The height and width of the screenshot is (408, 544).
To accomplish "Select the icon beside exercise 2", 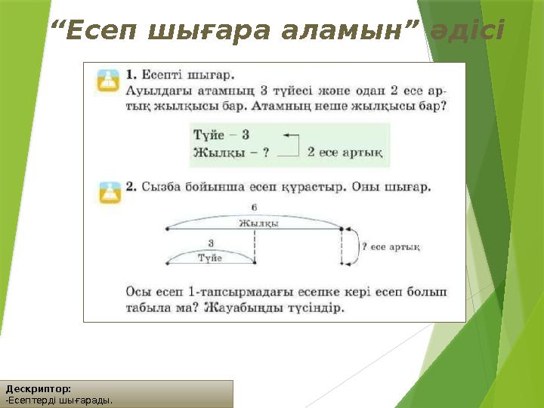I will (x=109, y=192).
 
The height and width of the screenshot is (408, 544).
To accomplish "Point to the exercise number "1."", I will (x=131, y=75).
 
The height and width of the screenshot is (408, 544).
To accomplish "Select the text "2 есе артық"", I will (x=345, y=153).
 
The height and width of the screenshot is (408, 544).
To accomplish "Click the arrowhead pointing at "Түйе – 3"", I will (x=287, y=135).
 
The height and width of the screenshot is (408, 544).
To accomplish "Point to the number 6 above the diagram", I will (x=255, y=206).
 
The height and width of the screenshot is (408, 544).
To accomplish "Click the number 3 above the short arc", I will (x=210, y=242).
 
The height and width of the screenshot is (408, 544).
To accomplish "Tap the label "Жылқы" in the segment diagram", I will (x=259, y=223).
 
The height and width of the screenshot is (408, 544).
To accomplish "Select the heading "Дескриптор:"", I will (x=39, y=389).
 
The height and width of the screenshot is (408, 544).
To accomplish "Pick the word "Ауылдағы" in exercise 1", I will (x=155, y=91).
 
